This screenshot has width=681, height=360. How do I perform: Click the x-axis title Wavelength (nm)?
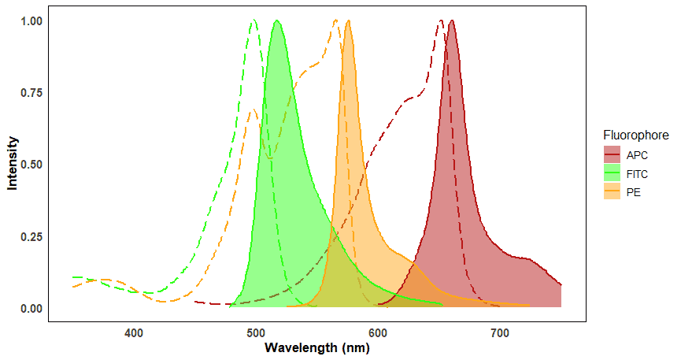click(316, 348)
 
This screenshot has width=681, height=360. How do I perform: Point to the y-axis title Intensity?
click(13, 164)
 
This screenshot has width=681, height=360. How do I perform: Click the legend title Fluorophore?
click(635, 135)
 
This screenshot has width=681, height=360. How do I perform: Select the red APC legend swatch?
click(612, 154)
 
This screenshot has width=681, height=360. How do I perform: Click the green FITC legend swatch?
click(612, 173)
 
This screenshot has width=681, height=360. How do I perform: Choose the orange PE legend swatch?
click(612, 191)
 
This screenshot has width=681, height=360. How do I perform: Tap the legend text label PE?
click(633, 191)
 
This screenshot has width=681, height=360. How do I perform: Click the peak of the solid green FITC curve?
click(277, 21)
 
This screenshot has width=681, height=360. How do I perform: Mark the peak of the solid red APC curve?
click(451, 21)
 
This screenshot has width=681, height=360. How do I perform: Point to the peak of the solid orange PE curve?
click(348, 21)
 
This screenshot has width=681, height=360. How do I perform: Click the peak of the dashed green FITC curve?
click(254, 21)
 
